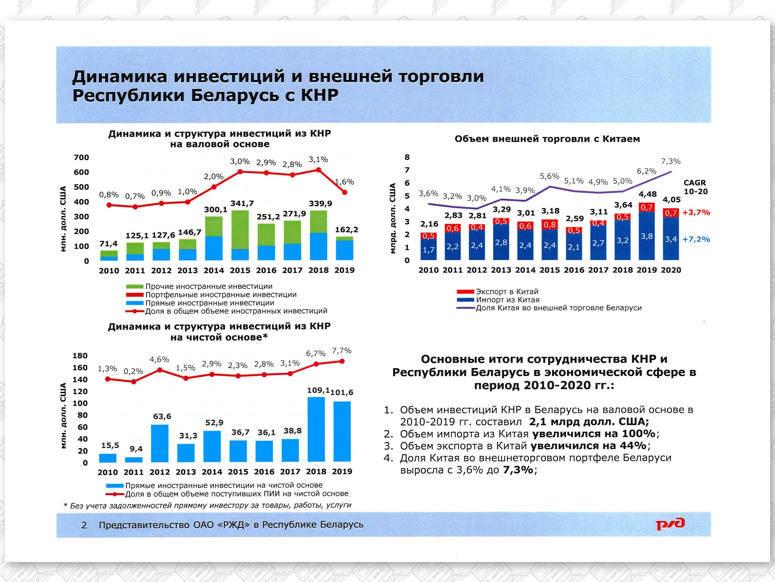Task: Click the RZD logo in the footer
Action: coord(670,524)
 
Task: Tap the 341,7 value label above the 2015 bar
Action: coord(242,203)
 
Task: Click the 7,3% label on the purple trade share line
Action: coord(671,162)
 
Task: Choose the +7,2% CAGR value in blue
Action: coord(696,239)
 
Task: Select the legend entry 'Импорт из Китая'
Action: coord(507,300)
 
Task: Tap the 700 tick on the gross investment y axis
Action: coord(81,157)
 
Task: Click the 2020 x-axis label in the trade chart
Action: coord(671,270)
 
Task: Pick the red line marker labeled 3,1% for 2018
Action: coord(318,170)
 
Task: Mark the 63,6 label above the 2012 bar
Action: coord(162,416)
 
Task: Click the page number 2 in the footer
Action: coord(84,525)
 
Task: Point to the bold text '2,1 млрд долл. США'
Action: coord(589,421)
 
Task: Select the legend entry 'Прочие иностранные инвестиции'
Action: coord(209,286)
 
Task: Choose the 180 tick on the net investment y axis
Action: coord(80,356)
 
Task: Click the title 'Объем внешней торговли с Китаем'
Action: coord(547,139)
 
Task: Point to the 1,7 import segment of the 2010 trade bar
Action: coord(429,250)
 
